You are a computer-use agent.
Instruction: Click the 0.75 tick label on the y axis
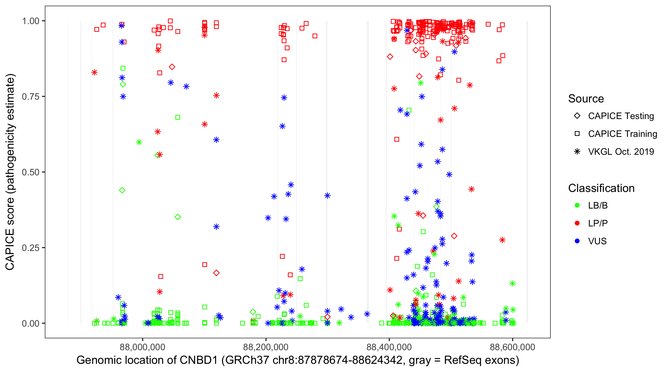(30, 97)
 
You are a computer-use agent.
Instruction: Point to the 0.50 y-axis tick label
(30, 172)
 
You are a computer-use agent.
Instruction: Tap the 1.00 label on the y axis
(30, 21)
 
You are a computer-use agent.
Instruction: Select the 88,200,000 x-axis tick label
(266, 347)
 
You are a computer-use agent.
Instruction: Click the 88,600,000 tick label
(512, 347)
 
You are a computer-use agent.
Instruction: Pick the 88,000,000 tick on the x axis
(142, 347)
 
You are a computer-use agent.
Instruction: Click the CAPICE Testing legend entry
(621, 116)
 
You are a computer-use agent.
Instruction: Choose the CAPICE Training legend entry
(622, 134)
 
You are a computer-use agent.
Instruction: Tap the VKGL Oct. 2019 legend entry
(621, 152)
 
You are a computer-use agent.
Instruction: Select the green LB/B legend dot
(577, 206)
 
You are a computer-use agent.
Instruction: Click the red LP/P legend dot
(577, 223)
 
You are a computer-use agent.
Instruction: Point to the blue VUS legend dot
(577, 241)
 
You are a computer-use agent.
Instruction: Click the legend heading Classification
(601, 188)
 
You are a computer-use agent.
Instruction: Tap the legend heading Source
(586, 99)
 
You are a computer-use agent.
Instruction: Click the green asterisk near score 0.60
(139, 142)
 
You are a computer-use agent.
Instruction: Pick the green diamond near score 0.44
(122, 190)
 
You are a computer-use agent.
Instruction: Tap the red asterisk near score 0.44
(471, 189)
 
